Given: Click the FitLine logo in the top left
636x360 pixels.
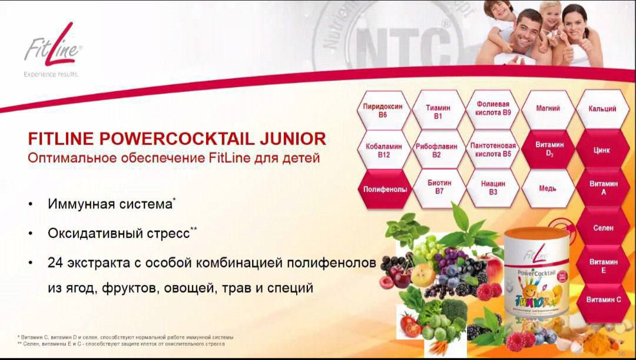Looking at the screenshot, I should pos(52,49).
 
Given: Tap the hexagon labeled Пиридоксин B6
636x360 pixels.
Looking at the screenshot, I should pos(383,110).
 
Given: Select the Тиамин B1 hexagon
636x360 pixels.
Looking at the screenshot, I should pos(438,111).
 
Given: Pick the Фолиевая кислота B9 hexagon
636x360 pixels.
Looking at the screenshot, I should pos(493,108).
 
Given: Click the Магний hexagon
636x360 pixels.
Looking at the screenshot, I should pos(548,109).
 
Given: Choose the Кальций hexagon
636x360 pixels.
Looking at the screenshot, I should pos(602,109).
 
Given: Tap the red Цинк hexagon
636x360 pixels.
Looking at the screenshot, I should pos(602,150).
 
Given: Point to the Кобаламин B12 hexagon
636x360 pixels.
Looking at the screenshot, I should pos(383,150).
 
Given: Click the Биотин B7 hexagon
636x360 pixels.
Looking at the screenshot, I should pos(439,187).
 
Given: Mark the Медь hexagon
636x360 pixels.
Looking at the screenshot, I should pos(548,189).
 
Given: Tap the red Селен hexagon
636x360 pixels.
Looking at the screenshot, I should pos(602,227).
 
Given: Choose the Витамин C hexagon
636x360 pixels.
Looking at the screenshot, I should pos(602,300).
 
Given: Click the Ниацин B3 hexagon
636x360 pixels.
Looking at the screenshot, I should pos(493,188).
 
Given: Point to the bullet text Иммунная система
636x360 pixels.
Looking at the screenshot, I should pos(110,204).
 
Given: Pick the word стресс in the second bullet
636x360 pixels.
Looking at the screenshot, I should pos(168,233).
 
